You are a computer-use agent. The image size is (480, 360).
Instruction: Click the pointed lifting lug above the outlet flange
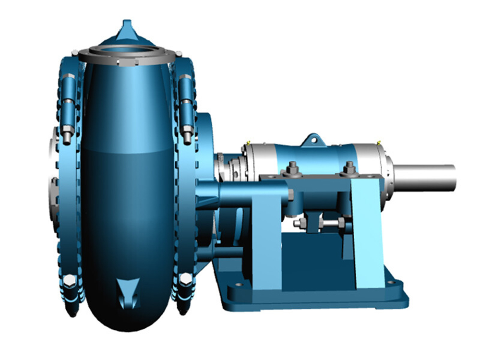point(127,28)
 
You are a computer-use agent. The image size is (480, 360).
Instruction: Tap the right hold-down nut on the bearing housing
point(349,168)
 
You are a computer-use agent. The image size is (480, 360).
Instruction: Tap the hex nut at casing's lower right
point(186,279)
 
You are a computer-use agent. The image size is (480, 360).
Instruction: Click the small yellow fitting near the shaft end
point(379,142)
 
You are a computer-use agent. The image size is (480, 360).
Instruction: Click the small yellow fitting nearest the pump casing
point(249,142)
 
